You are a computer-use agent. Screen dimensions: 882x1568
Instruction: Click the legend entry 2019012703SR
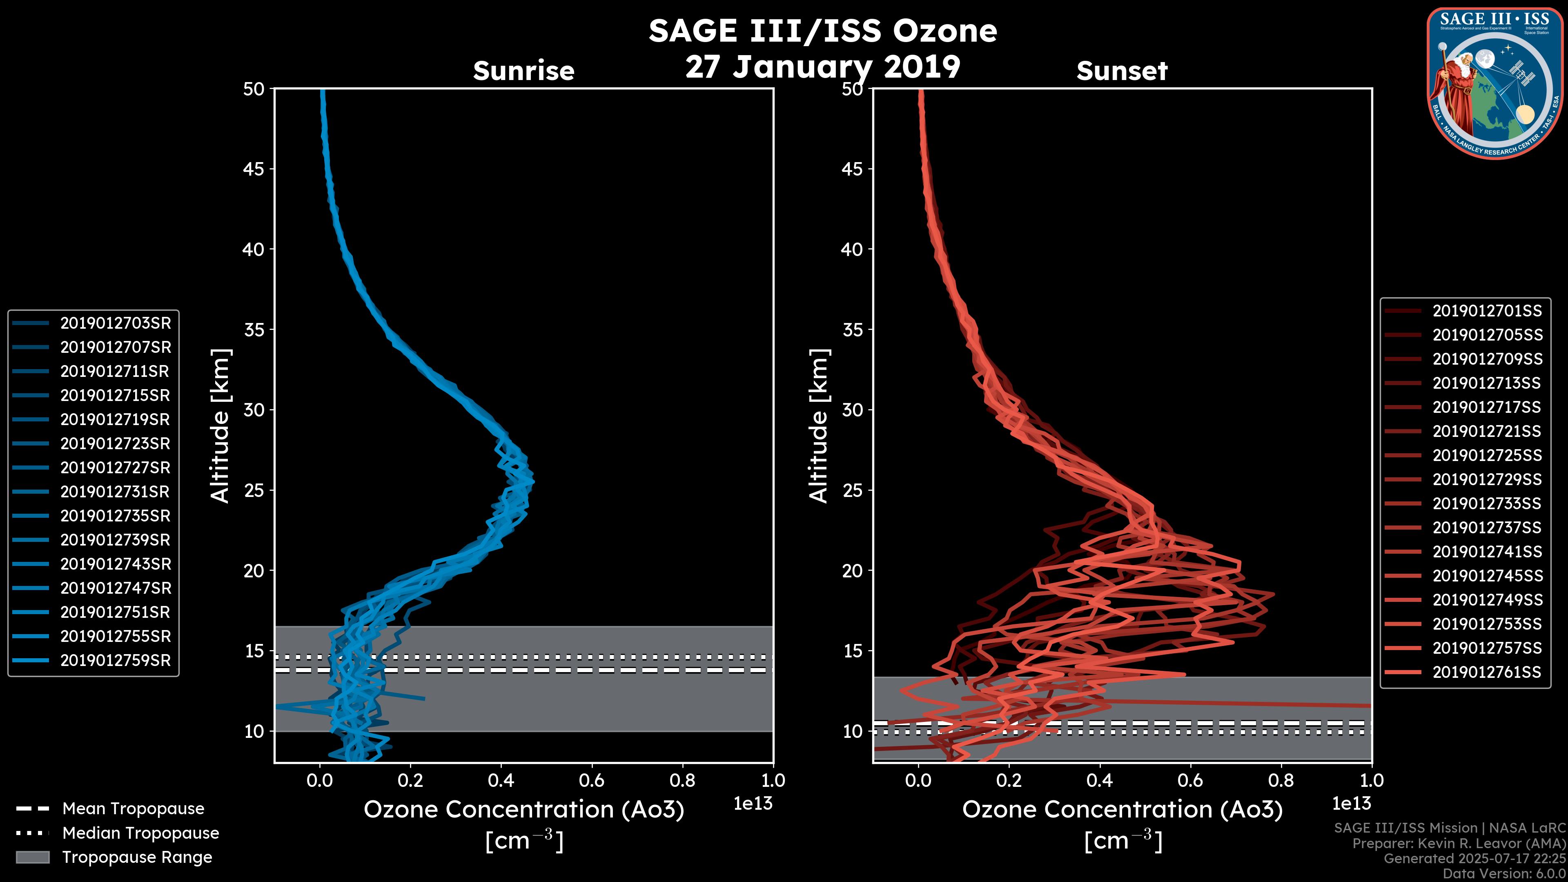tap(115, 323)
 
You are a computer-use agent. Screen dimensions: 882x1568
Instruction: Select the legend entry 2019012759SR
tap(115, 660)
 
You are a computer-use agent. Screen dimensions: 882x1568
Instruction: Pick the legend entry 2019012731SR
tap(115, 492)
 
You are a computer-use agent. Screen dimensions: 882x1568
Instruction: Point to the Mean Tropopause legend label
tap(133, 809)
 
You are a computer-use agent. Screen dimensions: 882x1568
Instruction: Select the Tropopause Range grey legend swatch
tap(33, 857)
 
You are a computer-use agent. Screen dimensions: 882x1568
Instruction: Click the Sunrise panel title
tap(523, 71)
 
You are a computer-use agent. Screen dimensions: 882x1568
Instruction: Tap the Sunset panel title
tap(1122, 71)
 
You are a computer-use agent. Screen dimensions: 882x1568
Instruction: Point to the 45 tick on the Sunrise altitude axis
tap(254, 169)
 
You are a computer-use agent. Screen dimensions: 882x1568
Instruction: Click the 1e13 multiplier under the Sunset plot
tap(1351, 804)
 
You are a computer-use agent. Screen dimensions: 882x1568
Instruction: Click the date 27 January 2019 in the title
tap(822, 67)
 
